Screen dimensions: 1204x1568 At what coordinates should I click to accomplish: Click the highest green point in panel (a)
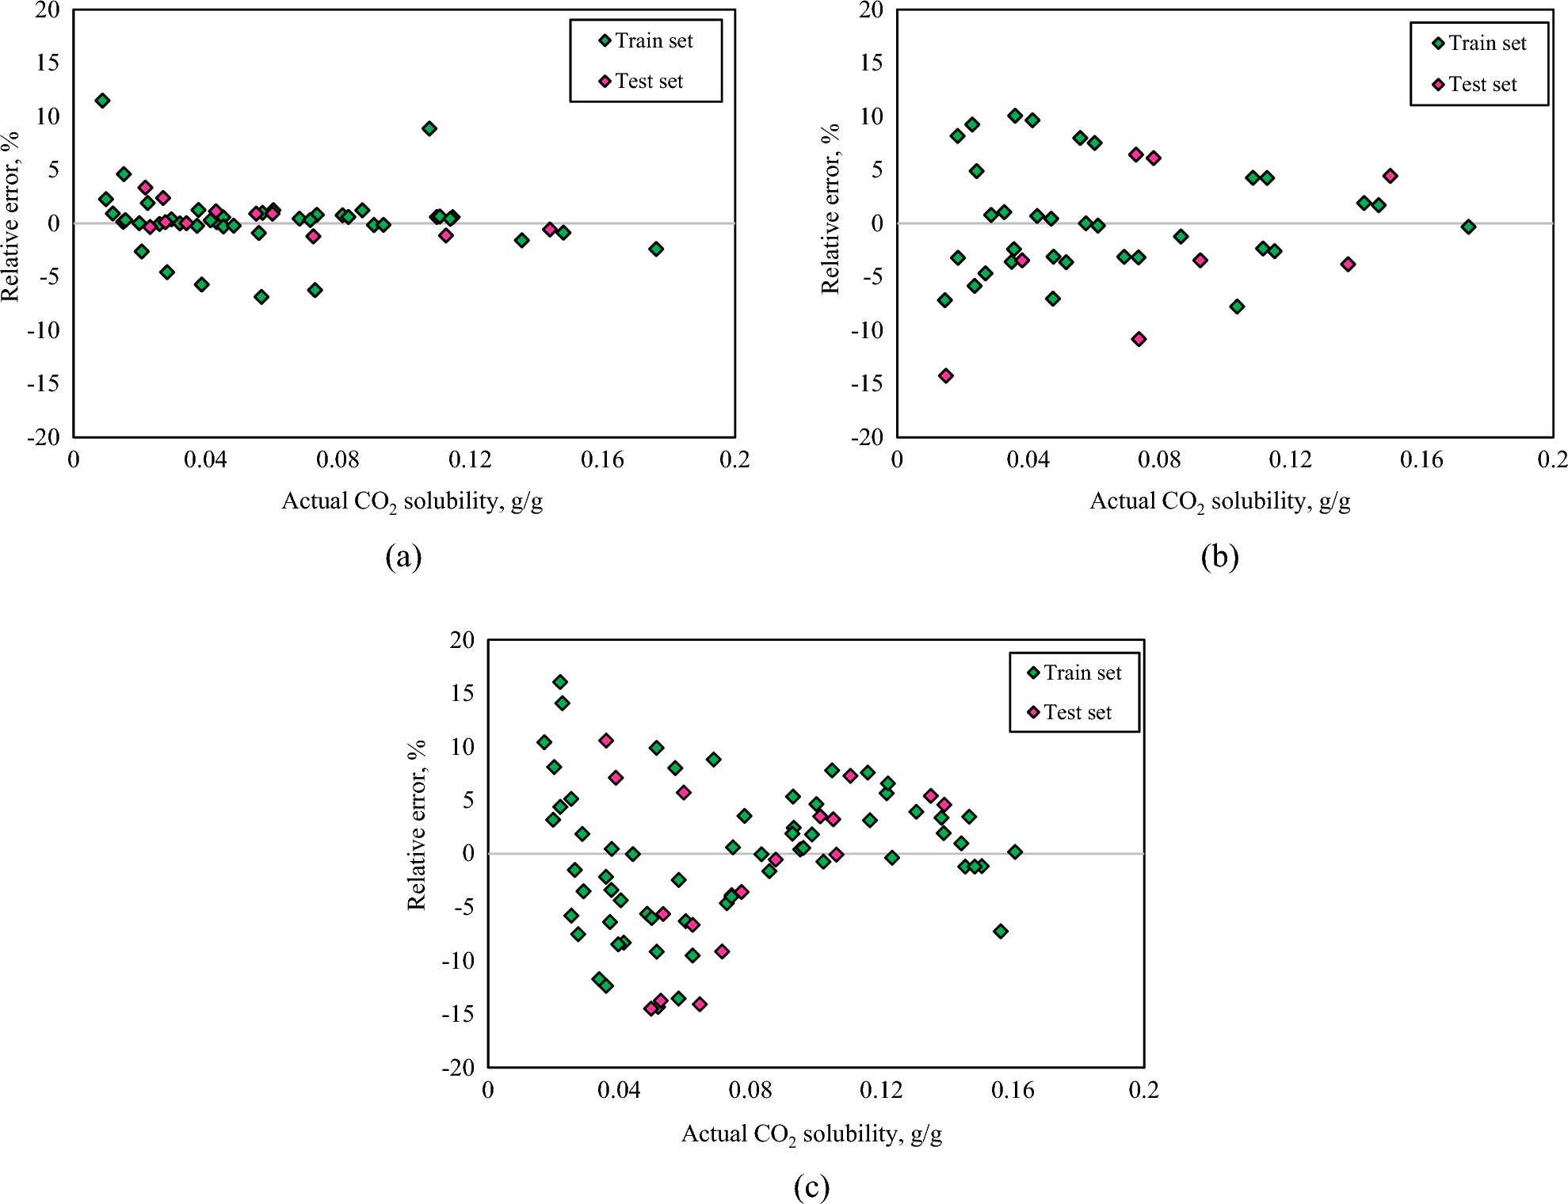click(102, 101)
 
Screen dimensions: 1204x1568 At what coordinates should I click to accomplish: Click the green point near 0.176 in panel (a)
click(656, 249)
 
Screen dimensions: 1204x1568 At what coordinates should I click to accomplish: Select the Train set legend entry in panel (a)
click(646, 40)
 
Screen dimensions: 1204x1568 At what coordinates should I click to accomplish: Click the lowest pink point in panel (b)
click(945, 375)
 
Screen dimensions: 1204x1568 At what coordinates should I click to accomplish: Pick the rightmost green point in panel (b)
click(1468, 227)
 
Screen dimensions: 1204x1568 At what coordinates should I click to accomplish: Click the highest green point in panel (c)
click(560, 682)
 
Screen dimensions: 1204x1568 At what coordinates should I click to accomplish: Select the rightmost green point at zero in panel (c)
click(1015, 852)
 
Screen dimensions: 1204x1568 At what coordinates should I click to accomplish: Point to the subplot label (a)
click(403, 557)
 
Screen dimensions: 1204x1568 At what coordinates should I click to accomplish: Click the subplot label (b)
click(1219, 557)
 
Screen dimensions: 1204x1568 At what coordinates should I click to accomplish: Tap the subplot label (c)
click(811, 1187)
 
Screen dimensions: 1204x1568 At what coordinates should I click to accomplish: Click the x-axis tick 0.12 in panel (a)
click(470, 459)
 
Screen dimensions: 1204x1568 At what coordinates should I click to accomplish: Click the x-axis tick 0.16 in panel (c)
click(1013, 1091)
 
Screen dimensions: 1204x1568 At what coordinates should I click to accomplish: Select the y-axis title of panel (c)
click(417, 825)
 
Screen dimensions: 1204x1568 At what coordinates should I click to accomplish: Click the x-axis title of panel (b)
click(1219, 501)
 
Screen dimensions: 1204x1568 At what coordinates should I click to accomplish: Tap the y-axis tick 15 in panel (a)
click(48, 63)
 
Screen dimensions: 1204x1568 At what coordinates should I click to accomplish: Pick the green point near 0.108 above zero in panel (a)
click(429, 128)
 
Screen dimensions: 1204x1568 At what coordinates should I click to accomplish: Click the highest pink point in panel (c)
click(606, 741)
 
